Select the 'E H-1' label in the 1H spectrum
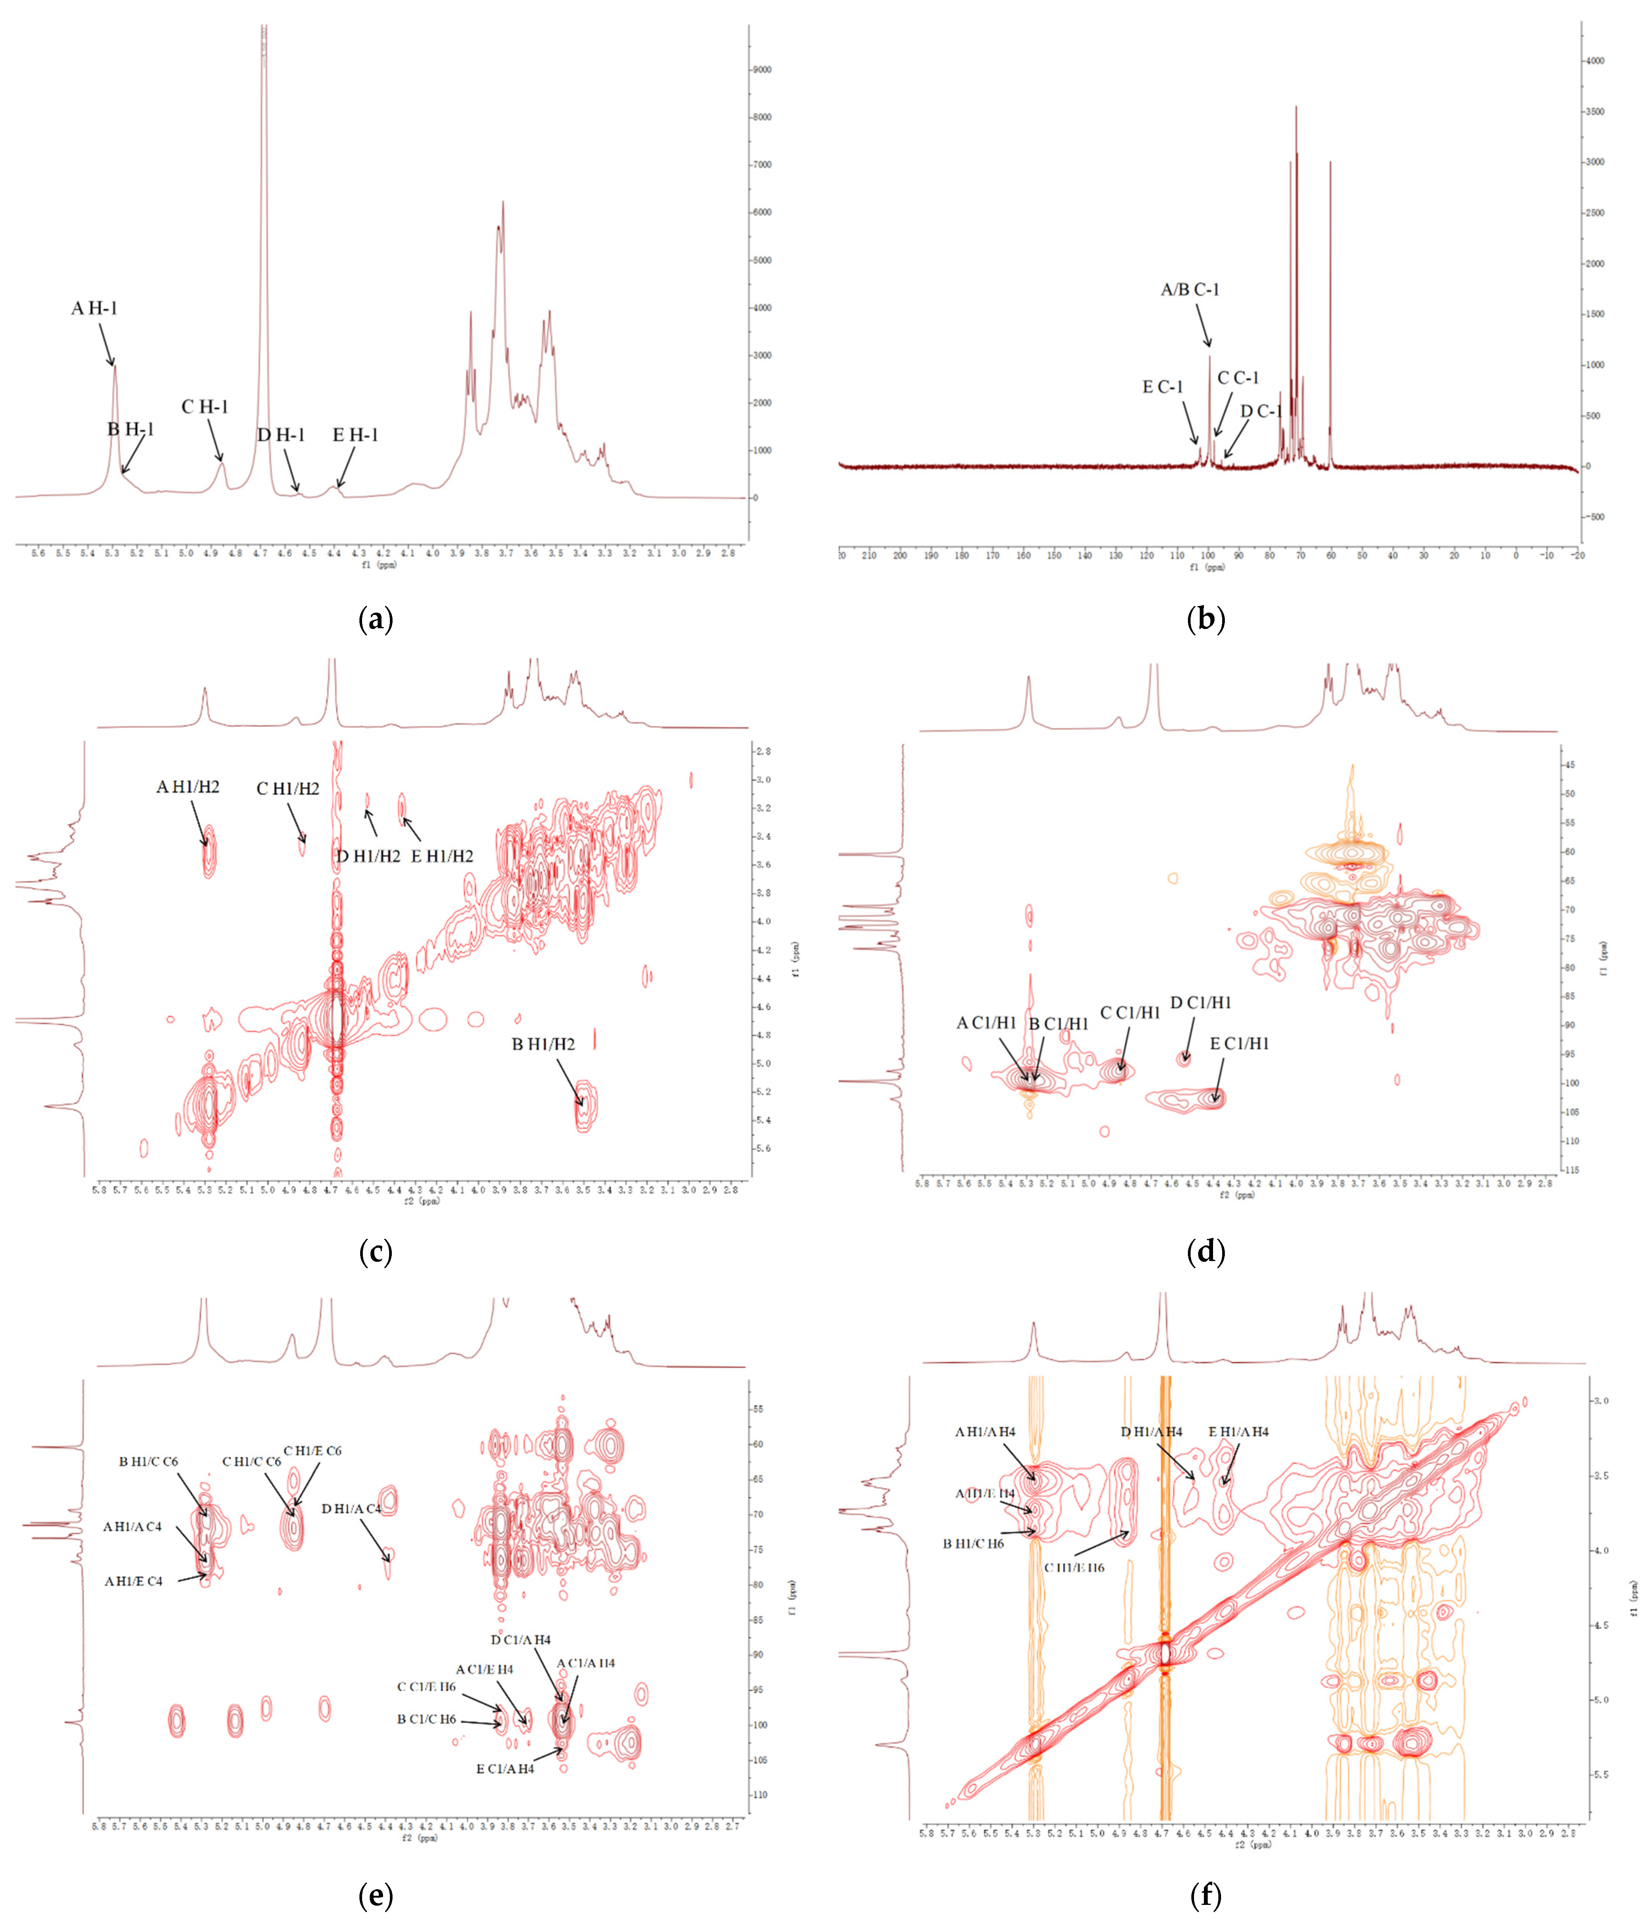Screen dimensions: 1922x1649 pos(355,435)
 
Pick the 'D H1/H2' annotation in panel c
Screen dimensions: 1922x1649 pos(369,856)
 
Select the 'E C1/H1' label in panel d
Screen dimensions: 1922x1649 pos(1239,1043)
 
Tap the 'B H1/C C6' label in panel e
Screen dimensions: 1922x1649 pos(148,1462)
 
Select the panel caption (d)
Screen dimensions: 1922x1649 pos(1205,1252)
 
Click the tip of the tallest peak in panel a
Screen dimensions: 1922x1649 pos(263,28)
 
